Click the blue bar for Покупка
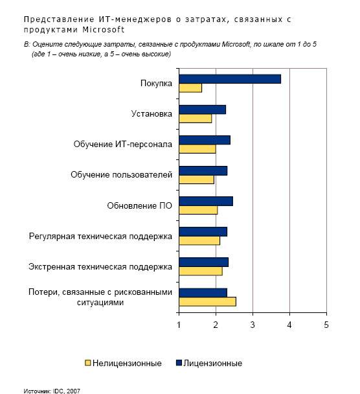(x=230, y=79)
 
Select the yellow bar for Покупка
(x=190, y=88)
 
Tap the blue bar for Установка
(x=203, y=110)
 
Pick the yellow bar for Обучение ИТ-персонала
(x=197, y=149)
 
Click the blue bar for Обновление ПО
(x=206, y=202)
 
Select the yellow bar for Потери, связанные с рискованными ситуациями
(x=208, y=301)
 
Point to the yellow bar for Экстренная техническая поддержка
(x=201, y=271)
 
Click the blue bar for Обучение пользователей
(x=203, y=170)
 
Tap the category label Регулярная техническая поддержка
(x=100, y=237)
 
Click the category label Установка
(x=152, y=114)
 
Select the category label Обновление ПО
(x=140, y=205)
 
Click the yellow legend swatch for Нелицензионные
(x=87, y=363)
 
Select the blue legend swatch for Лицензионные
(x=179, y=363)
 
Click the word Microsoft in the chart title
(x=104, y=30)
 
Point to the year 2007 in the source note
(x=73, y=391)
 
